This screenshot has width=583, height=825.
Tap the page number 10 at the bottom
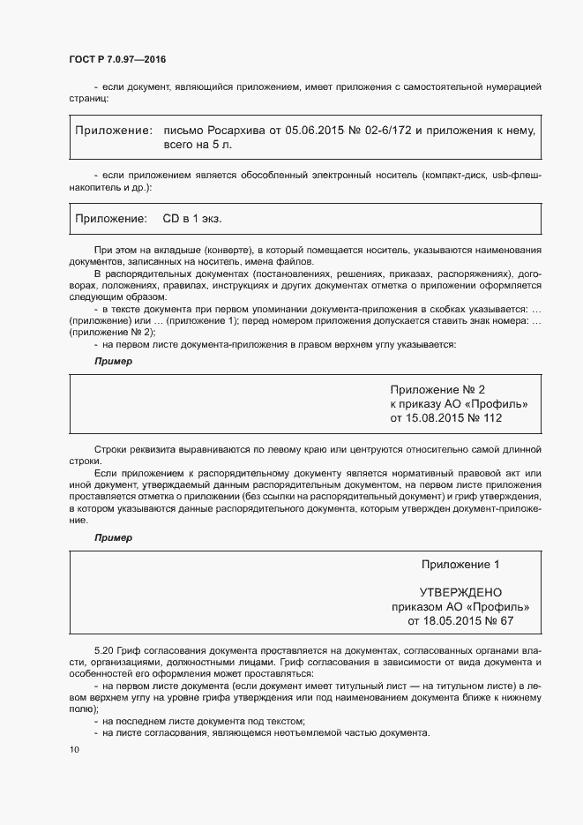(73, 750)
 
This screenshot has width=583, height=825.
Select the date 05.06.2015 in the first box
(314, 131)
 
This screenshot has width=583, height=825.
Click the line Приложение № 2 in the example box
(437, 389)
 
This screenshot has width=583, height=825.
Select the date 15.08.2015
(442, 417)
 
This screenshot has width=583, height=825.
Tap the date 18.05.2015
(445, 621)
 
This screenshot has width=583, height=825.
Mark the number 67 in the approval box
(506, 621)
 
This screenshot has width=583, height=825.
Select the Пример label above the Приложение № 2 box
(112, 361)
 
